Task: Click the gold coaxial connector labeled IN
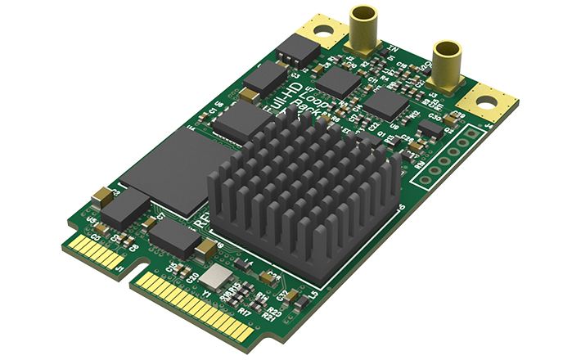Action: coord(363,29)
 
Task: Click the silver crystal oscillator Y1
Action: coord(218,277)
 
